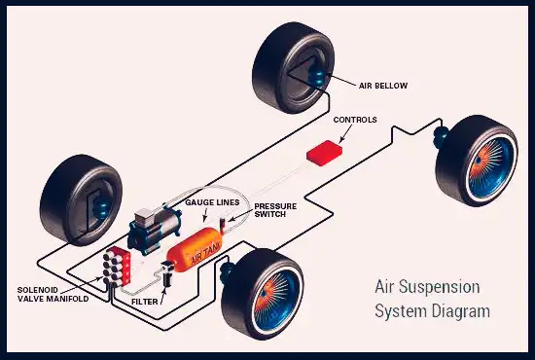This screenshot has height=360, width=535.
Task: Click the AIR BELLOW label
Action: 383,86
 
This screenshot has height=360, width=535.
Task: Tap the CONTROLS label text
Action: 355,120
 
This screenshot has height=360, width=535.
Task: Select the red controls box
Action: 325,153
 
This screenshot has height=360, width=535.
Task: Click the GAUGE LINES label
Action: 212,202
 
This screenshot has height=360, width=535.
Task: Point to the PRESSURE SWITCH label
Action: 275,210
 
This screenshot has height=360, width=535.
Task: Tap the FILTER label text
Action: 145,302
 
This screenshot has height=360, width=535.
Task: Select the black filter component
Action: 167,273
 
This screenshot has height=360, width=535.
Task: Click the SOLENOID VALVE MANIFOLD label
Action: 53,295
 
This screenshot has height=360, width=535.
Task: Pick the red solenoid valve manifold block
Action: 117,267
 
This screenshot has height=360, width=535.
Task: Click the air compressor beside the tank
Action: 155,231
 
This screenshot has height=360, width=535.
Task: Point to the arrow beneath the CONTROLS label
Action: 345,133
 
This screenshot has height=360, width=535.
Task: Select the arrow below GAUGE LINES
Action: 205,215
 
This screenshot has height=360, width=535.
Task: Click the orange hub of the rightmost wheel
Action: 483,162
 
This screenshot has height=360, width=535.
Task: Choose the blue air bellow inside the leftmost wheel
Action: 102,205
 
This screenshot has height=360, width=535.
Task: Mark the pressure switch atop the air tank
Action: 223,226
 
